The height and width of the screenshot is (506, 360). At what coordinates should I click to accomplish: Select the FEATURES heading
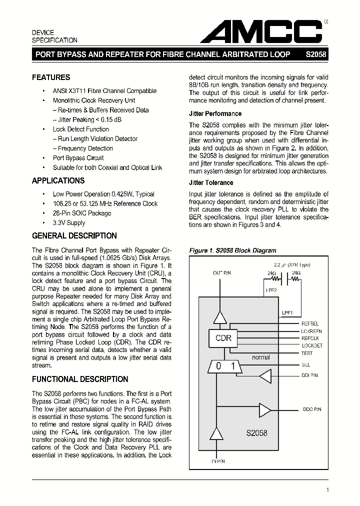[x=51, y=77]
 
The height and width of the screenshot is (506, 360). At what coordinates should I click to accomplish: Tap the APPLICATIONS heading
[x=58, y=181]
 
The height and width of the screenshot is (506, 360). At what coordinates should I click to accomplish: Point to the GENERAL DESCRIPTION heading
[x=74, y=236]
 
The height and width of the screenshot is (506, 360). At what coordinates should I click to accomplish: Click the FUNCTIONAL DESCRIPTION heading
[x=80, y=379]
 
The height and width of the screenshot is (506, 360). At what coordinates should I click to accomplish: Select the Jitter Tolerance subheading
[x=211, y=183]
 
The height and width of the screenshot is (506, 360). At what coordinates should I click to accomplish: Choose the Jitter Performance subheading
[x=215, y=113]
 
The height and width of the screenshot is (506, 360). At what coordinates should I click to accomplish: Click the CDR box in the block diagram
[x=223, y=338]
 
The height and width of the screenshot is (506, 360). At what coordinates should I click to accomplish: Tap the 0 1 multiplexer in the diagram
[x=225, y=366]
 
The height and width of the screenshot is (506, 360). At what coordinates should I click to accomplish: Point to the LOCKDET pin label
[x=312, y=345]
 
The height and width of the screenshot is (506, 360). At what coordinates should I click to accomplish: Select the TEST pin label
[x=307, y=353]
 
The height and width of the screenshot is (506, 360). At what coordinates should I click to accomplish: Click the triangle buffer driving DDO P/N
[x=264, y=409]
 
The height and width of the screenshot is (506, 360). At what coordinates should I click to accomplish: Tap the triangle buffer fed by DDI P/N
[x=265, y=375]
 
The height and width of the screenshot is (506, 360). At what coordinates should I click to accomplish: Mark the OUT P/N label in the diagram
[x=222, y=272]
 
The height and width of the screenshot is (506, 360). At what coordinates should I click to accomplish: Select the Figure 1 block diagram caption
[x=232, y=250]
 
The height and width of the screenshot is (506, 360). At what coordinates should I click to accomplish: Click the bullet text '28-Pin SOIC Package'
[x=82, y=213]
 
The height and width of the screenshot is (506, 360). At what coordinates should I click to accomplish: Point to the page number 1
[x=327, y=490]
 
